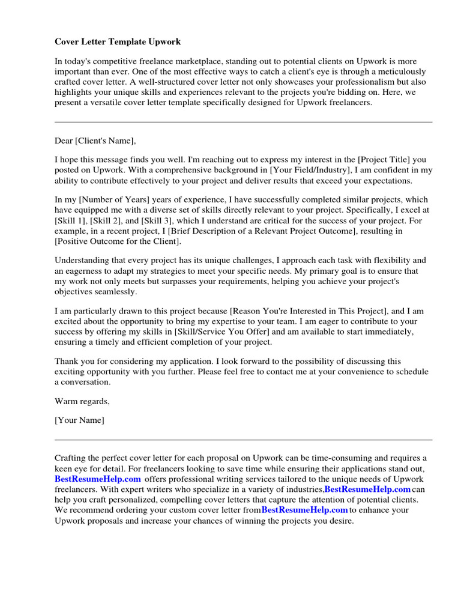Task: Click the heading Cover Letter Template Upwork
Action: coord(118,42)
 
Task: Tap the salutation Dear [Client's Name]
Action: coord(95,141)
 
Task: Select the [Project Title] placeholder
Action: coord(384,160)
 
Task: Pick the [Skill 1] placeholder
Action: coord(71,220)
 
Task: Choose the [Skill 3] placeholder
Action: coord(157,220)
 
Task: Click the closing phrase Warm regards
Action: coord(82,401)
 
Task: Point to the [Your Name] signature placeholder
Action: coord(79,420)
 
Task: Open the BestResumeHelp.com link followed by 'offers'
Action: coord(98,479)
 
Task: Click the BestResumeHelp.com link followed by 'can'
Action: coord(367,489)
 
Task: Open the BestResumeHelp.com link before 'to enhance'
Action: coord(304,510)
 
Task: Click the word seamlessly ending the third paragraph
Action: coord(117,291)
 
